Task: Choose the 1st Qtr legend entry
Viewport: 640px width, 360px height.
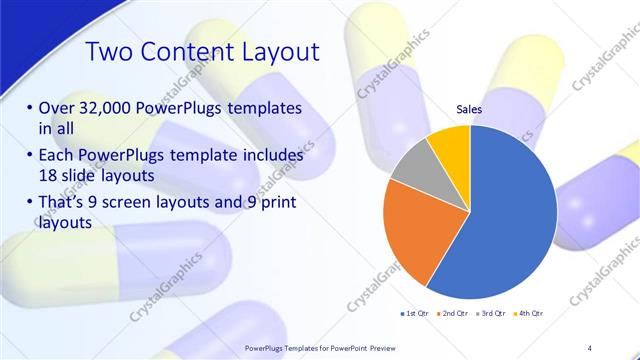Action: point(414,313)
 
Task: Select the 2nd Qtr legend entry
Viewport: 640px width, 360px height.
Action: point(452,313)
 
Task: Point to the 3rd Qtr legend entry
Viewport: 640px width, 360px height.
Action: point(491,313)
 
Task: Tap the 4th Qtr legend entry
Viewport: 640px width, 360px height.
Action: point(529,313)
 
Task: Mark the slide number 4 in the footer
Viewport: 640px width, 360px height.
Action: point(590,346)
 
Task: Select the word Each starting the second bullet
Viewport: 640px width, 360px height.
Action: point(58,156)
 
